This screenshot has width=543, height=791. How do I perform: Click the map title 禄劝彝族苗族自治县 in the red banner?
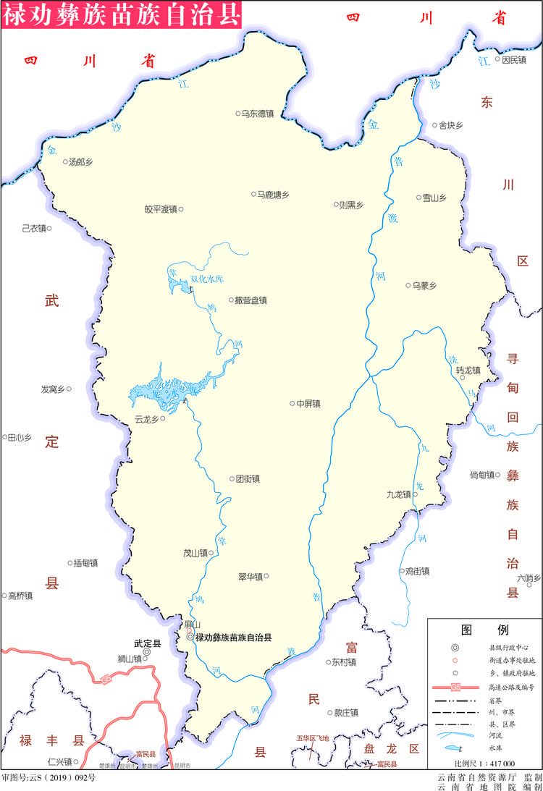[120, 14]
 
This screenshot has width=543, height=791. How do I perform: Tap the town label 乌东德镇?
[257, 114]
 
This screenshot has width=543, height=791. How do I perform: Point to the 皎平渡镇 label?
[160, 209]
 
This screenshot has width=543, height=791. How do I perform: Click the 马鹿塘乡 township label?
[274, 194]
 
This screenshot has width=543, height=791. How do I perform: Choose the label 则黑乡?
[351, 205]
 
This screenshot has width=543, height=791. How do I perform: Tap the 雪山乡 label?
[435, 197]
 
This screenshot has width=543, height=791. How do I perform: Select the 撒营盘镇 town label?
[251, 300]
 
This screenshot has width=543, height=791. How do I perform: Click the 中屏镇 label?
[308, 403]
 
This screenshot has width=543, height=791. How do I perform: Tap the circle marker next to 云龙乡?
[163, 418]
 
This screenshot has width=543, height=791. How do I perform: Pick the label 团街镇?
[248, 478]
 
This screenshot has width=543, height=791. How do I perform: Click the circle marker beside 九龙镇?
[415, 495]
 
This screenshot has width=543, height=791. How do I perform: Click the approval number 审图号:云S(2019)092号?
[48, 778]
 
